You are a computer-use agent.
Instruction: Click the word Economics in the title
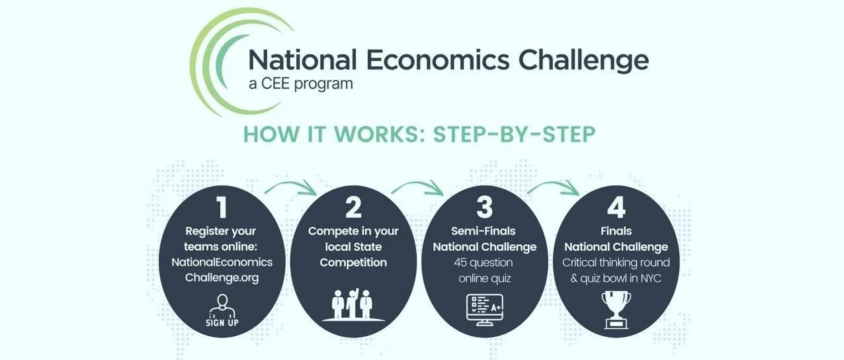point(438,60)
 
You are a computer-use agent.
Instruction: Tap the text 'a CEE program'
point(301,84)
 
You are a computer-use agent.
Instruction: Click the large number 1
point(222,207)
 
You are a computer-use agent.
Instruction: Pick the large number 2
point(353,207)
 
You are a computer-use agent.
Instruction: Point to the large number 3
point(485,207)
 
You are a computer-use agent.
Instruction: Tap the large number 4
point(616,207)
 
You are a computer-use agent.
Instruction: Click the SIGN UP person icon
point(222,310)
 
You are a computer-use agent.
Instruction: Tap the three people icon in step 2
point(353,305)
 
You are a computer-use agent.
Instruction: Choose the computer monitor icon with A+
point(485,310)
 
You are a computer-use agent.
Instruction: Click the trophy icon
point(616,310)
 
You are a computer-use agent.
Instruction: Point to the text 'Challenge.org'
point(222,278)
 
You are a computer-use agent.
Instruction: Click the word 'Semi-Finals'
point(484,231)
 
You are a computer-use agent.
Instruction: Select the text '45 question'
point(484,262)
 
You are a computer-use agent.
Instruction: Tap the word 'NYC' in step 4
point(651,279)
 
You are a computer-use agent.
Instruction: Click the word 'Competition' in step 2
point(353,263)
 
